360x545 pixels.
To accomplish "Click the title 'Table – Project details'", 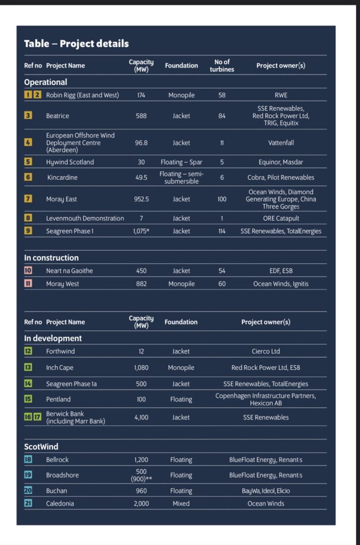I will [x=76, y=44].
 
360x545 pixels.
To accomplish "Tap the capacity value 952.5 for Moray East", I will [x=141, y=199].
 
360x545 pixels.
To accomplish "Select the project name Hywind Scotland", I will [x=70, y=162].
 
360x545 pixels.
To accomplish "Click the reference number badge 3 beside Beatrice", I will [x=28, y=115].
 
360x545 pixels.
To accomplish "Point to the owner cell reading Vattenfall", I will [x=281, y=143].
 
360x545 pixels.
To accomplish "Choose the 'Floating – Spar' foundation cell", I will [x=181, y=162].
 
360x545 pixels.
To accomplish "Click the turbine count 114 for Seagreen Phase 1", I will [x=222, y=231].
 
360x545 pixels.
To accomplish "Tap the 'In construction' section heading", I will [x=51, y=258].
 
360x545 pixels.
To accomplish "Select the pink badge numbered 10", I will [x=28, y=271].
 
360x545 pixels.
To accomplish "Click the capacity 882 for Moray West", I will [x=141, y=284].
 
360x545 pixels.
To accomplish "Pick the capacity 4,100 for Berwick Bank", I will [x=141, y=417].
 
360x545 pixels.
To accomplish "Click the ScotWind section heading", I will [x=41, y=447].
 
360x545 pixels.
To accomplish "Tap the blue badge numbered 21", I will [x=28, y=503].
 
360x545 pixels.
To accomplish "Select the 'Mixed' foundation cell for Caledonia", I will [x=181, y=503].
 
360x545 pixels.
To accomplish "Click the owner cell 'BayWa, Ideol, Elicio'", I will [x=266, y=491].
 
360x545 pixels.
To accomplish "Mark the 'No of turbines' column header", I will [x=222, y=65].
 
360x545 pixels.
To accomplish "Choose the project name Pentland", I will [x=58, y=399].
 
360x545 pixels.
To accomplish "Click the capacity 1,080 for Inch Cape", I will [x=141, y=368].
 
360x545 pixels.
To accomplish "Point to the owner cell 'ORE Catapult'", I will [x=281, y=218].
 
